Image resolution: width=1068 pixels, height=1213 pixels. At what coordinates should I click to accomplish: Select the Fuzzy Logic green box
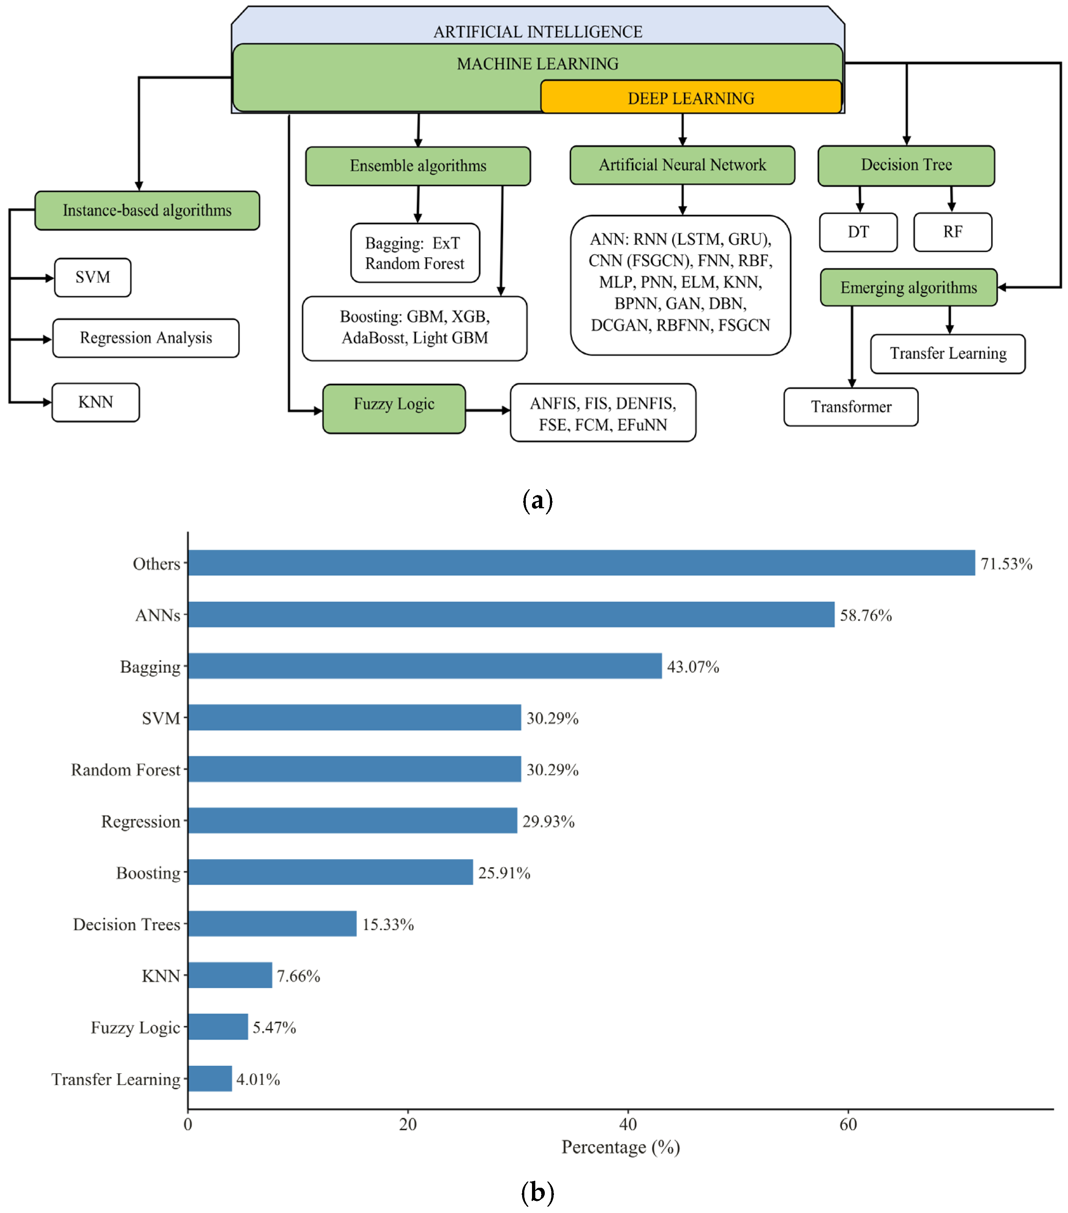394,408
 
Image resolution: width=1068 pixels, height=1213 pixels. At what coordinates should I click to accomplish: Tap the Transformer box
850,407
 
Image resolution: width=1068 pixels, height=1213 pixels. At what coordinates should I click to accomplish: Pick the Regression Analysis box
146,338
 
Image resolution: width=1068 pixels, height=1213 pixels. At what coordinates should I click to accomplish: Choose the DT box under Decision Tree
858,232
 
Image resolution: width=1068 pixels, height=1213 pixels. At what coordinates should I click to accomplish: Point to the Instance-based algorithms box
147,211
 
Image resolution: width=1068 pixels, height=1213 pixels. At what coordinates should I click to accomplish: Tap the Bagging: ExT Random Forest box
415,253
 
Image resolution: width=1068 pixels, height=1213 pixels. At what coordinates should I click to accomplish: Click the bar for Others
581,562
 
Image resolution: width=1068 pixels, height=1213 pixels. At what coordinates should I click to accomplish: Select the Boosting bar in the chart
330,872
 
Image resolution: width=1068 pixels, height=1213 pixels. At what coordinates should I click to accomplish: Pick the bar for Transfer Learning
210,1078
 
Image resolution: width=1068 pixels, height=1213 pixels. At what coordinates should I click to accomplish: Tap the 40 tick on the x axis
628,1124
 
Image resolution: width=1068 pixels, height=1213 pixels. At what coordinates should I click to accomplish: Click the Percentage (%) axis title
621,1147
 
